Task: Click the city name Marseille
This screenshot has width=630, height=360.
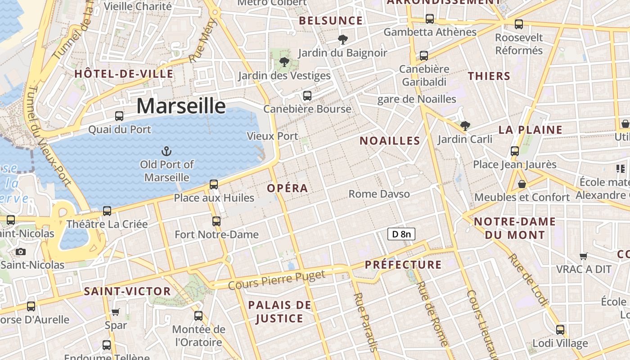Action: coord(181,106)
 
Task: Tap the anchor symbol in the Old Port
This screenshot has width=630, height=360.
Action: coord(167,151)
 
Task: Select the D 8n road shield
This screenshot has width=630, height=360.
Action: coord(401,234)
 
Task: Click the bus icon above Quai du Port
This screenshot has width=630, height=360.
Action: coord(119,116)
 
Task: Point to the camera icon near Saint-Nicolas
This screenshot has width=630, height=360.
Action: coord(20,252)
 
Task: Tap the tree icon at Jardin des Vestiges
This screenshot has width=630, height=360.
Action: coord(284,62)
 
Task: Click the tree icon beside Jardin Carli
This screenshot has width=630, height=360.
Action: coord(465,126)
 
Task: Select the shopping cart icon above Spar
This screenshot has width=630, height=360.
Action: coord(116,311)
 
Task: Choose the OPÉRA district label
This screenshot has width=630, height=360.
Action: coord(288,188)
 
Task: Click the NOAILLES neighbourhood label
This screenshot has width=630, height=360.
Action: coord(390,140)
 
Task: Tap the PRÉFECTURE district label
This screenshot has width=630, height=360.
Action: coord(403,264)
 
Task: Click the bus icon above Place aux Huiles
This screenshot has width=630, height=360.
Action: coord(214,184)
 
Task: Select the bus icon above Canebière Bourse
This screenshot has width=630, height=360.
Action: coord(307,96)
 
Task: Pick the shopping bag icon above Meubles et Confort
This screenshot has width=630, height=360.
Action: coord(522,184)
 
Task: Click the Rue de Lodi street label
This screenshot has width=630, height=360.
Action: coord(528,280)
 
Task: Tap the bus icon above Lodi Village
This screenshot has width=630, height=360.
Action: coord(560,330)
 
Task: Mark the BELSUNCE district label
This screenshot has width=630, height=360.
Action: coord(331,21)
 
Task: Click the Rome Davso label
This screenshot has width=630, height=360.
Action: coord(379,194)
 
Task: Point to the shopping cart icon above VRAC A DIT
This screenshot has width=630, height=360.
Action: coord(584,256)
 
